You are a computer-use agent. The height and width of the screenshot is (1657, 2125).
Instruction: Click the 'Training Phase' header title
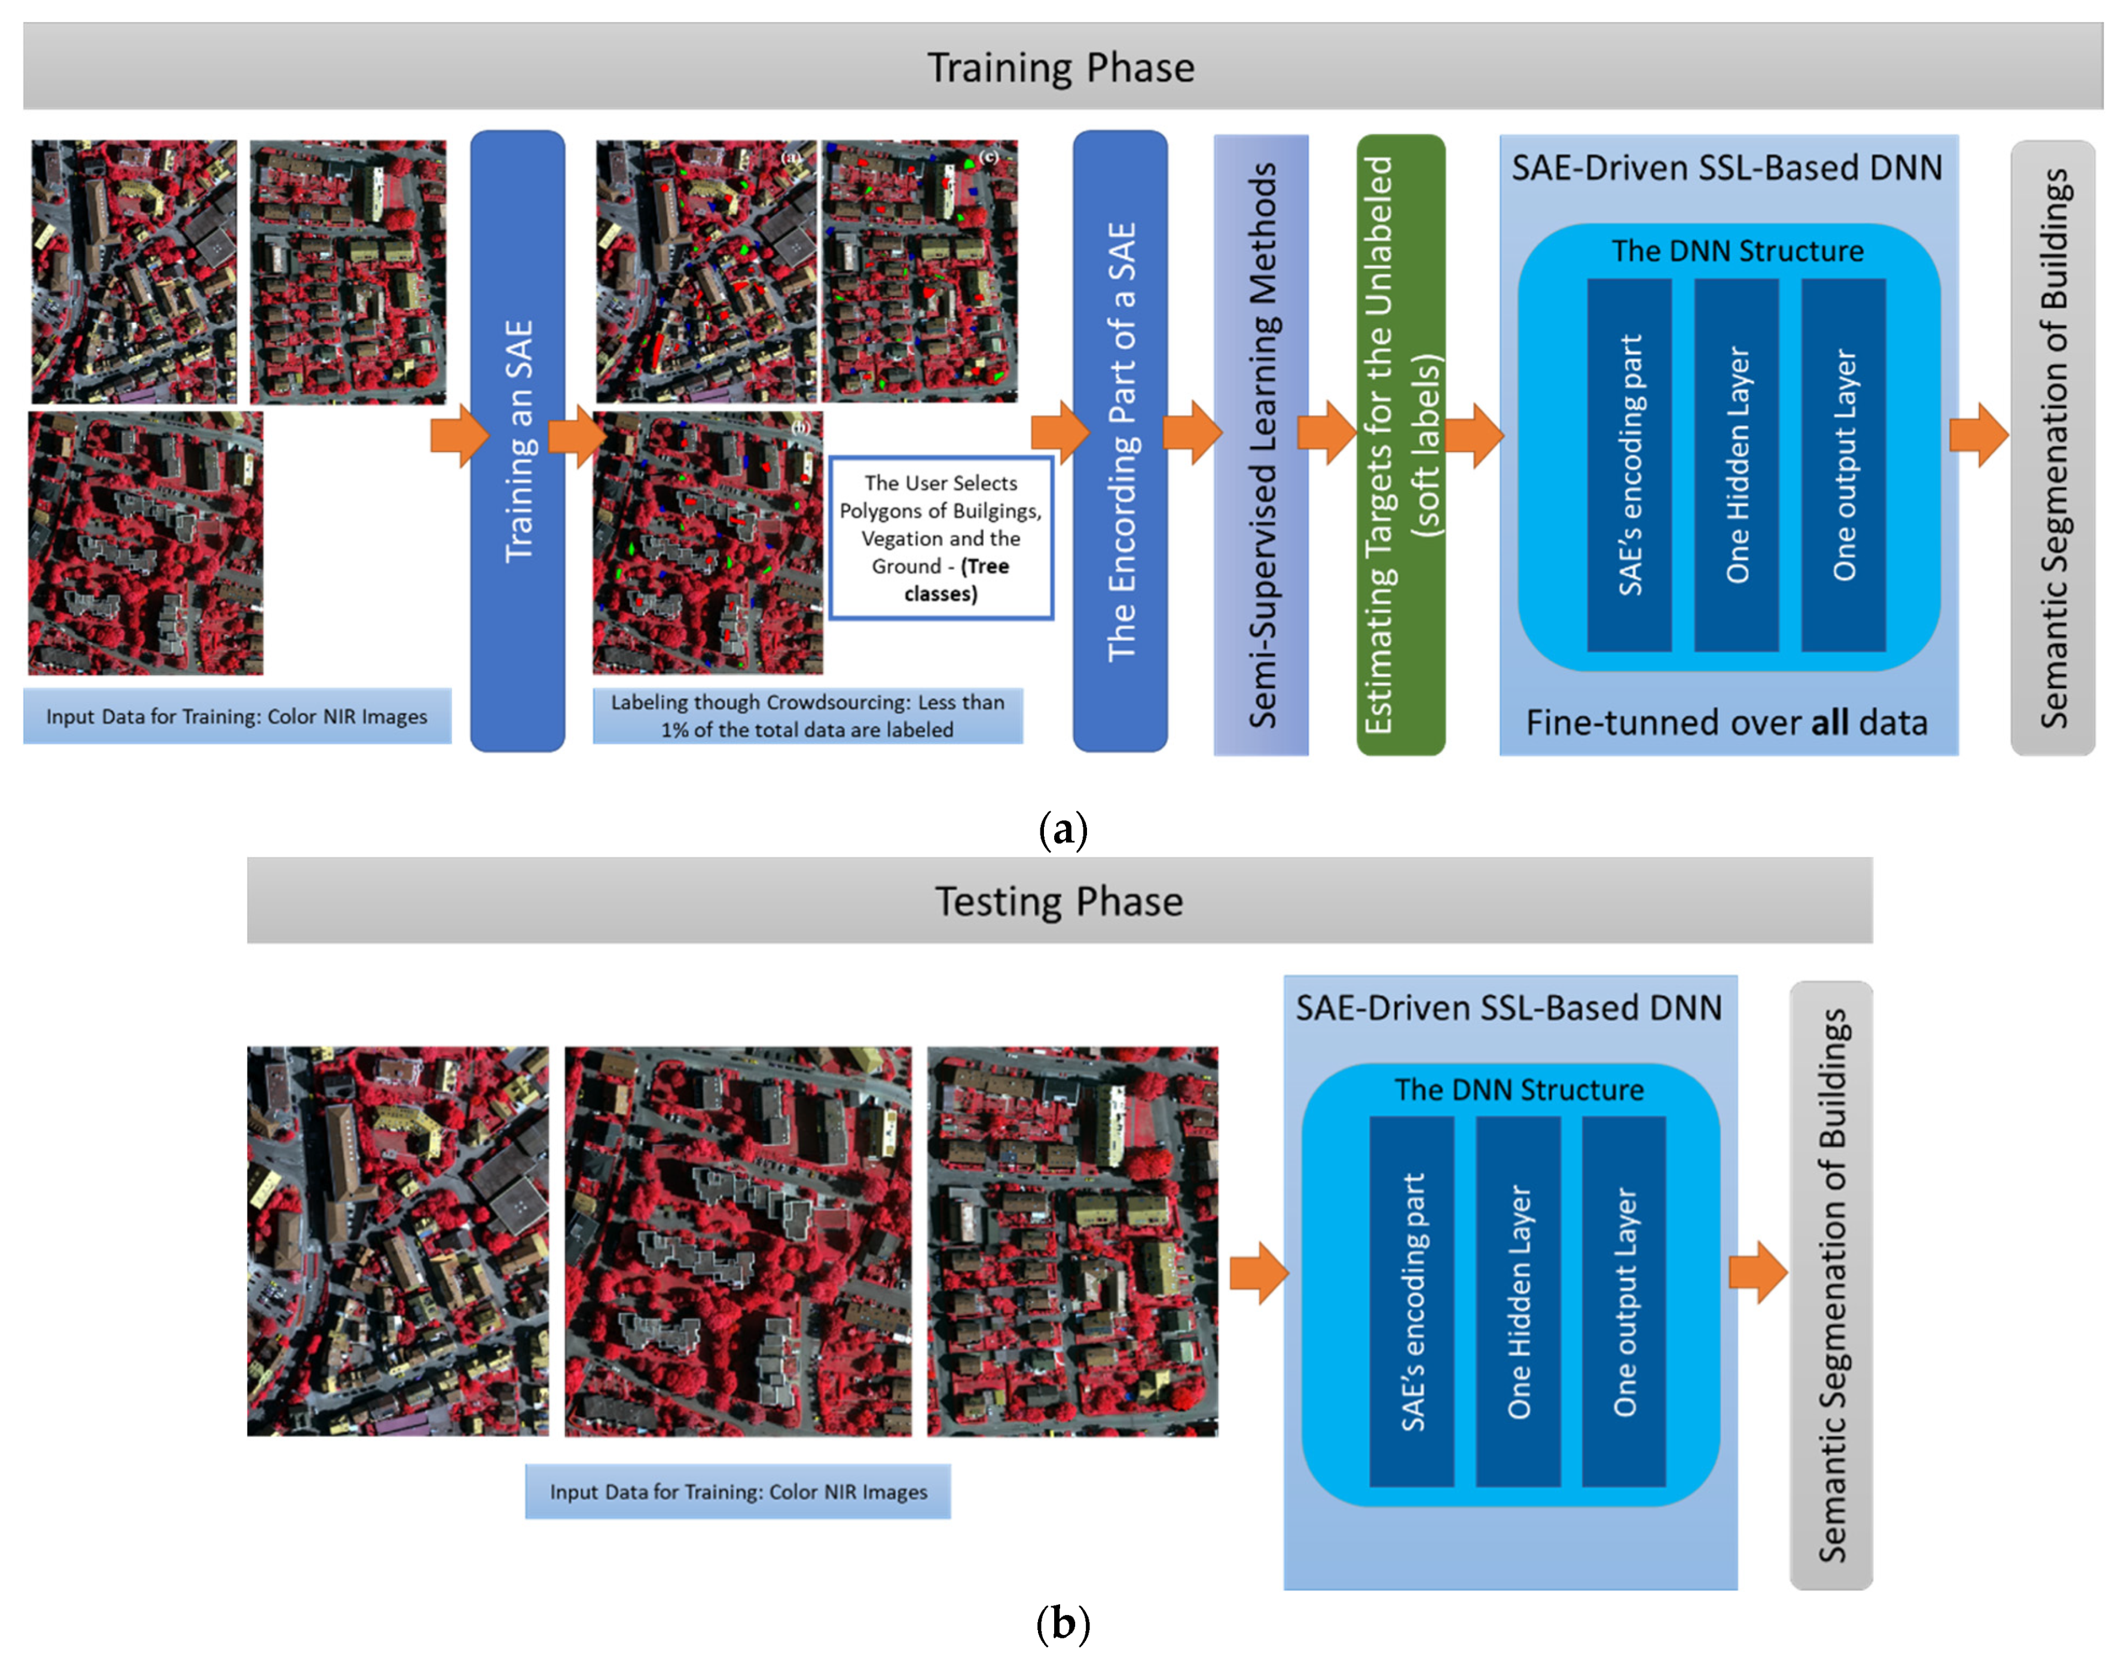pyautogui.click(x=1061, y=67)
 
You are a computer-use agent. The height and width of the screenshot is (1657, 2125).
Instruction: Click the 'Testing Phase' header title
pyautogui.click(x=1058, y=901)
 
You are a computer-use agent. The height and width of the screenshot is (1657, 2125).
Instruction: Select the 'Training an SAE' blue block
pyautogui.click(x=518, y=441)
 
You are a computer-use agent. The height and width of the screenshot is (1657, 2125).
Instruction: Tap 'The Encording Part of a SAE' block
pyautogui.click(x=1120, y=441)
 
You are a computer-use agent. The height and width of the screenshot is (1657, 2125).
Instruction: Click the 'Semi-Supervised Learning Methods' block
pyautogui.click(x=1261, y=445)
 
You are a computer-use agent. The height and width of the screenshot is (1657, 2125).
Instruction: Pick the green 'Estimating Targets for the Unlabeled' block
pyautogui.click(x=1400, y=445)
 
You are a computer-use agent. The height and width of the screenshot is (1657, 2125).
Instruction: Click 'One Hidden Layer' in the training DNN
pyautogui.click(x=1737, y=465)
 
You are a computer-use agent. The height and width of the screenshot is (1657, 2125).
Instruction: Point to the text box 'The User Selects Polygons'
pyautogui.click(x=941, y=538)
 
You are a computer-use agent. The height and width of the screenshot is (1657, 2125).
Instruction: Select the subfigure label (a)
pyautogui.click(x=1062, y=830)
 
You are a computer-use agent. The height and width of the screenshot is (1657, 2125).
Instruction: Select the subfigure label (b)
pyautogui.click(x=1062, y=1623)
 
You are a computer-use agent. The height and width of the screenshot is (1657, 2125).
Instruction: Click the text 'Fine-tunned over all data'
pyautogui.click(x=1726, y=722)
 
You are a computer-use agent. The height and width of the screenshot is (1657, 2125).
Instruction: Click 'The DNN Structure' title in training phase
pyautogui.click(x=1738, y=251)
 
